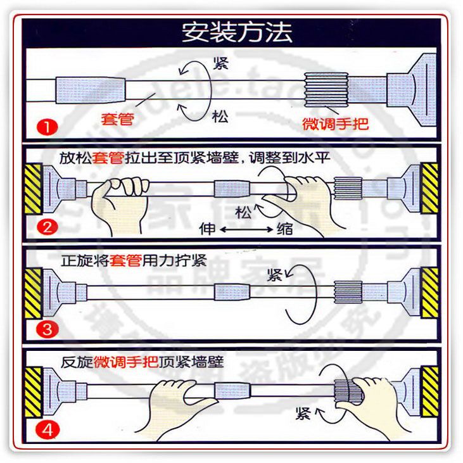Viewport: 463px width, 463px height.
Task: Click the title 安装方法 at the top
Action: click(237, 32)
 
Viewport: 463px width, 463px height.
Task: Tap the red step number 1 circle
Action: click(46, 126)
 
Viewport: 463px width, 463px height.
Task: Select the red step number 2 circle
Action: click(46, 227)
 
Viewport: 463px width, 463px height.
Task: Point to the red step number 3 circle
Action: click(46, 329)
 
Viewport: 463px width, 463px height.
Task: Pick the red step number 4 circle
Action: click(46, 431)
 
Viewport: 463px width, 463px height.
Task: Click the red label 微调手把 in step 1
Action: click(335, 123)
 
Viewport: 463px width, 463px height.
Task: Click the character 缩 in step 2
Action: click(285, 228)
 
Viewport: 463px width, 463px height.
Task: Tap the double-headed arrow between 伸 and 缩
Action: click(246, 228)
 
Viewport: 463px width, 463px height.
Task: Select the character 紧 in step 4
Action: click(303, 414)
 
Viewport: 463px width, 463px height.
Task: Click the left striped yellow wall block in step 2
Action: click(33, 188)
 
